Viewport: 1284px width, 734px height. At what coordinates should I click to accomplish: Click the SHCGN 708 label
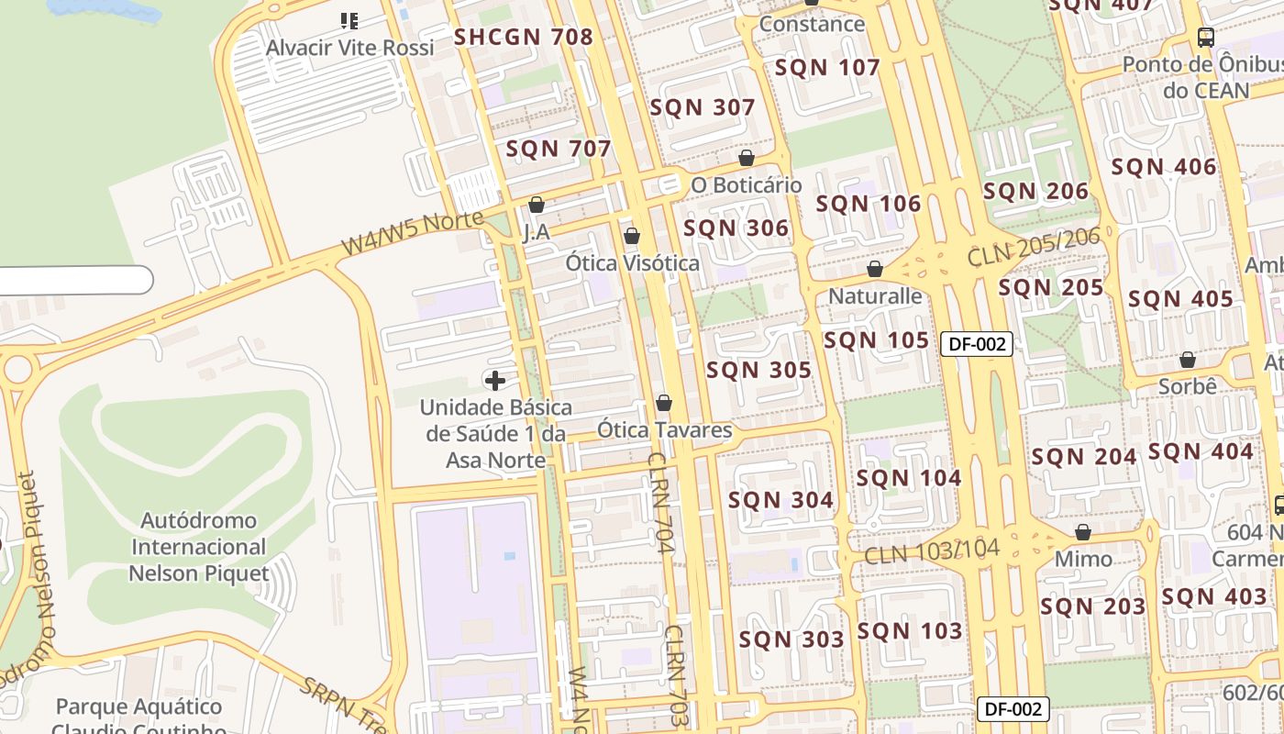524,38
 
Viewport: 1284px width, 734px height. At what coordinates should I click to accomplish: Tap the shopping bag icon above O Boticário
747,158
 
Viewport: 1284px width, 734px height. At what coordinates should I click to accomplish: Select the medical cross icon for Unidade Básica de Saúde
495,380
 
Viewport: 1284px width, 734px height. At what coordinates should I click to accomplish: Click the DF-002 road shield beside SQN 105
977,344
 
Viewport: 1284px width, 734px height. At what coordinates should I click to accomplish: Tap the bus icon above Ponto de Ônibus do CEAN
1206,38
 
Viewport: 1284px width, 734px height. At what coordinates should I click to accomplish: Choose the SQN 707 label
558,149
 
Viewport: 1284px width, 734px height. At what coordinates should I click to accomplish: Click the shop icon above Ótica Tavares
664,403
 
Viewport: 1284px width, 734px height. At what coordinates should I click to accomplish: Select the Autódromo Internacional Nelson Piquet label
199,547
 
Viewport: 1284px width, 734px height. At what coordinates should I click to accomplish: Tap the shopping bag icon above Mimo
1083,532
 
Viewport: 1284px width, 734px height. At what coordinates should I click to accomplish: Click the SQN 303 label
791,639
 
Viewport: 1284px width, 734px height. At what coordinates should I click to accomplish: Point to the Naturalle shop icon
875,269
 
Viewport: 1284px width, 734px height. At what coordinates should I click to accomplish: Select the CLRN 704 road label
661,503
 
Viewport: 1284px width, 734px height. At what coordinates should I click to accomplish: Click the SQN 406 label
1163,168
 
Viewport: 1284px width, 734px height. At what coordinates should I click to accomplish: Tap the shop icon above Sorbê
1188,360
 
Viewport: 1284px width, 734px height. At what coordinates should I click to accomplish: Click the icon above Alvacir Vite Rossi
349,20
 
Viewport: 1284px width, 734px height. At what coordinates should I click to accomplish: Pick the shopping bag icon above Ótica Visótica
632,236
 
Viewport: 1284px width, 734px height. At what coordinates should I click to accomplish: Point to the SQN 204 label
1084,457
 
